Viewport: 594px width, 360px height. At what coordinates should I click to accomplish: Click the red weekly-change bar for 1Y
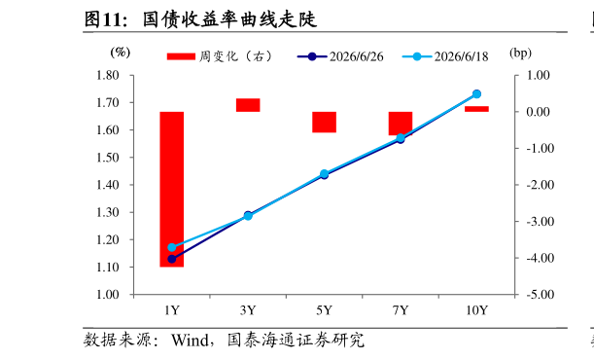pos(172,189)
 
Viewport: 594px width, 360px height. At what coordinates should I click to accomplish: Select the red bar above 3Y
pos(248,105)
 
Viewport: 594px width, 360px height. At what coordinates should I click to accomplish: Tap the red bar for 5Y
pos(325,122)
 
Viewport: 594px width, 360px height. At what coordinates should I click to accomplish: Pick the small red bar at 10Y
pos(476,109)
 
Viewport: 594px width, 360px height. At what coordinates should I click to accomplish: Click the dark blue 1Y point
pos(172,259)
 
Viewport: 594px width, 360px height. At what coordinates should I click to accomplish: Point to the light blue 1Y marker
pos(172,247)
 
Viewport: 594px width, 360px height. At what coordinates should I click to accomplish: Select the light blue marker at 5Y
pos(325,174)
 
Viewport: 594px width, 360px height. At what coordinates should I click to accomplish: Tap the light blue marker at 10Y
pos(476,94)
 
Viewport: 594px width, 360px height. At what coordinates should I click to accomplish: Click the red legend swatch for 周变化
pos(181,56)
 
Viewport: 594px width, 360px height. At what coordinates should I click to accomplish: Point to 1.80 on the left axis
pos(108,75)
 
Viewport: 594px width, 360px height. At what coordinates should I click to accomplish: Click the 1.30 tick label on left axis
pos(108,212)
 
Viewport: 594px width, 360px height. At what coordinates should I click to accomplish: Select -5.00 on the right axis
pos(540,295)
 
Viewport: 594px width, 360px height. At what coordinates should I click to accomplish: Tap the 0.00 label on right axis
pos(538,112)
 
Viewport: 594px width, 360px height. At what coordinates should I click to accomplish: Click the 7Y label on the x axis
pos(401,310)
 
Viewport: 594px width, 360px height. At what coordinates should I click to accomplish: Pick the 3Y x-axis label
pos(248,310)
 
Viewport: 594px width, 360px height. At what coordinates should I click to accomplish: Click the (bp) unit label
pos(520,53)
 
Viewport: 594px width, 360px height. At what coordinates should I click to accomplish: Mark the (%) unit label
pos(121,53)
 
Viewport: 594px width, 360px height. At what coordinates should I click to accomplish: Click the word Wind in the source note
pos(190,340)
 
